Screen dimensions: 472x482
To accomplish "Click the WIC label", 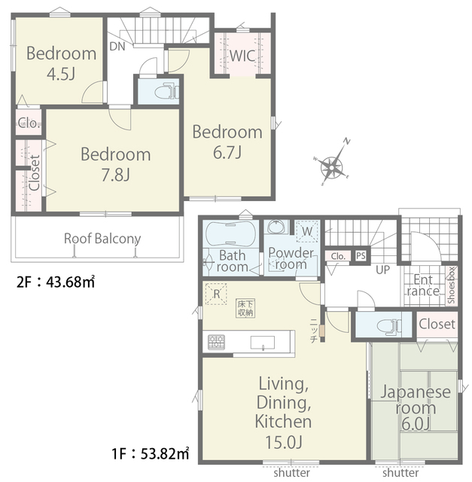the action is coord(242,56).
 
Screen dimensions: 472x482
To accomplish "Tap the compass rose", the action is coord(333,167).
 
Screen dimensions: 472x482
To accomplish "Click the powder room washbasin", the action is coord(276,227).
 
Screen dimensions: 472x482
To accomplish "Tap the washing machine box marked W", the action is coord(307,230).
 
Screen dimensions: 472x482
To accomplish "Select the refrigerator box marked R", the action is coord(216,294).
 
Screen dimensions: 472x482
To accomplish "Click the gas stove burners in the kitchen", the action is coord(216,342).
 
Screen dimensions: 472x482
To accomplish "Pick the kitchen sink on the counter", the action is coord(263,343).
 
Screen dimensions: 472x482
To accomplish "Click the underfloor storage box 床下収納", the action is coord(245,308).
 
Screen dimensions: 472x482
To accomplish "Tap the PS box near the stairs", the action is coord(361,255).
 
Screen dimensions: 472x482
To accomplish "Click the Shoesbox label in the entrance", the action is coord(451,285).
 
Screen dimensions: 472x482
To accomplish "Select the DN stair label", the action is coord(117,47).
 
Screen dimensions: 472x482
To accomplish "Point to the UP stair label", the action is coord(383,270).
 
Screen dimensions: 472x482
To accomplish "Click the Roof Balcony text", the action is coord(102,239).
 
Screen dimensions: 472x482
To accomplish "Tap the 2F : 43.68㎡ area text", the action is coord(56,282).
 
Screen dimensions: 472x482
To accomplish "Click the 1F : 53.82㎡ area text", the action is coord(151,453).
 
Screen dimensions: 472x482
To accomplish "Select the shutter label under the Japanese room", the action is coord(400,472).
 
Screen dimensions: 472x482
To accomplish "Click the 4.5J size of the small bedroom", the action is coord(61,74).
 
